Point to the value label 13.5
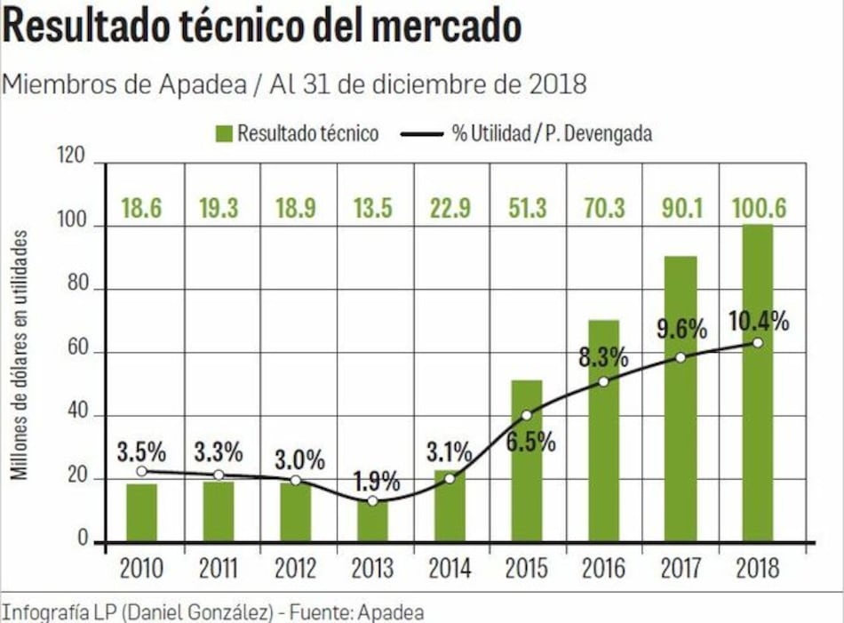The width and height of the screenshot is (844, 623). [x=372, y=209]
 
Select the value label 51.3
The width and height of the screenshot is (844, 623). [x=526, y=209]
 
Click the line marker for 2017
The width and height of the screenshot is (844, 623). [x=681, y=357]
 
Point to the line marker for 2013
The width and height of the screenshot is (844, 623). [x=372, y=501]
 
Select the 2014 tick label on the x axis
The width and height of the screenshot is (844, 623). [x=450, y=568]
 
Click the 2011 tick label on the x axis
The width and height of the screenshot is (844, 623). [x=219, y=568]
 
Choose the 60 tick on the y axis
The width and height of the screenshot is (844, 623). [x=78, y=352]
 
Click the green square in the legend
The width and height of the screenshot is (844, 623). [x=223, y=133]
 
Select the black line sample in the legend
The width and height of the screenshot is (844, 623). [x=421, y=134]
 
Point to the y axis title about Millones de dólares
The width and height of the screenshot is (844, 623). [x=20, y=355]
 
